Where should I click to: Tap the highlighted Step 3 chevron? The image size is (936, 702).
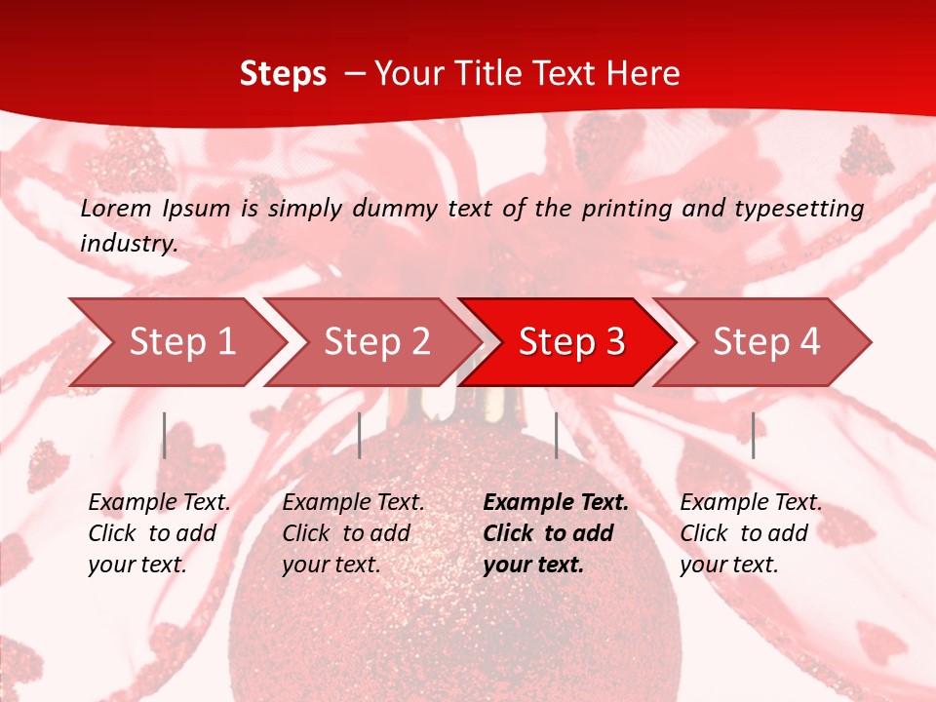click(571, 341)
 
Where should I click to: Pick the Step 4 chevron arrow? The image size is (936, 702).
click(766, 341)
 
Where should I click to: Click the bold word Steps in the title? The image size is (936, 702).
click(283, 73)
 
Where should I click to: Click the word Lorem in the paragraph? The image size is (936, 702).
click(115, 208)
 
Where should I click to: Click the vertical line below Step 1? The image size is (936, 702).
click(165, 435)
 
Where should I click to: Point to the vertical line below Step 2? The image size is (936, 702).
click(360, 435)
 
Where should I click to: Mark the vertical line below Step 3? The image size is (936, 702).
click(556, 435)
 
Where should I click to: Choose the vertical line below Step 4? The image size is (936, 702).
click(754, 435)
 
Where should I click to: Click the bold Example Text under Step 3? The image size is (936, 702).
click(556, 502)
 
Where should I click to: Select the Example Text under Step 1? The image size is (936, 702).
click(159, 502)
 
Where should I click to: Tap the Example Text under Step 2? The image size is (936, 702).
click(353, 502)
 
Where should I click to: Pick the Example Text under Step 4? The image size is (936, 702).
click(751, 502)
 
